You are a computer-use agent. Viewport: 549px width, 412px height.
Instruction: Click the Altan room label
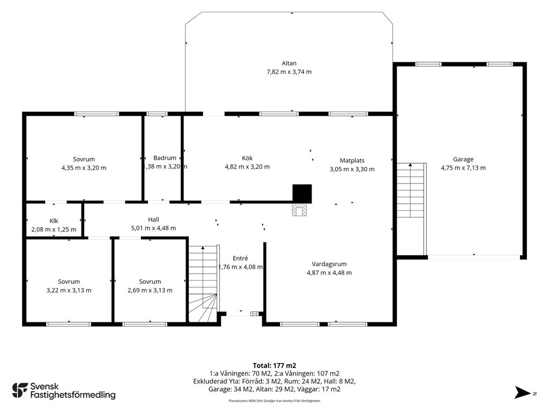pos(289,63)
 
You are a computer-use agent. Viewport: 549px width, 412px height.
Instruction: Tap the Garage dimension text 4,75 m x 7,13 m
pos(463,168)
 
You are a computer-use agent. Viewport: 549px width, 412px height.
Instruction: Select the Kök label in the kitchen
pos(247,158)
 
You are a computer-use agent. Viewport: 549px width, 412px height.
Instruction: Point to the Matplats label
pos(352,160)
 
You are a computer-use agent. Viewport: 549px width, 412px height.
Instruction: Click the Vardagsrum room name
pos(329,264)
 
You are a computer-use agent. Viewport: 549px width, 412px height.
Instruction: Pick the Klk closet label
pos(54,221)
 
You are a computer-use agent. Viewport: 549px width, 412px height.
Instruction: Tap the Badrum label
pos(165,158)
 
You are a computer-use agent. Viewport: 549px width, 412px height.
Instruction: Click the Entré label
pos(240,258)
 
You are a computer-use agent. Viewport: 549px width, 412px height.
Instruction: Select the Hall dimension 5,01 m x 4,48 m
pos(153,229)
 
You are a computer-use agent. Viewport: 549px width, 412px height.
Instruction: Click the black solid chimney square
pos(302,194)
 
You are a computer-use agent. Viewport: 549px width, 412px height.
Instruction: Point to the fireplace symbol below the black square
pos(300,210)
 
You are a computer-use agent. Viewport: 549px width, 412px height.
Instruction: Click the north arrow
pos(523,392)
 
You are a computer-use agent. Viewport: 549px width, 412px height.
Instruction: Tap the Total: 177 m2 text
pos(274,366)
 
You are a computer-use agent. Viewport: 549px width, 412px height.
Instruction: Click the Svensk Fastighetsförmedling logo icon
pos(20,391)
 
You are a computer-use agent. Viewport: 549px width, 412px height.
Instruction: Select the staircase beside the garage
pos(411,209)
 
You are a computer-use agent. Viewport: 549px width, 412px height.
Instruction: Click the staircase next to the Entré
pos(204,283)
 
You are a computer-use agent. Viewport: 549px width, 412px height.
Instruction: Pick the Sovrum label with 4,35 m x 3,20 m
pos(84,159)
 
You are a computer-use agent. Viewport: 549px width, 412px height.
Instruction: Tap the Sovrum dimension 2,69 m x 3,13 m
pos(150,290)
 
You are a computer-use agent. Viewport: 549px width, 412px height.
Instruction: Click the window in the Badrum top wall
pos(157,114)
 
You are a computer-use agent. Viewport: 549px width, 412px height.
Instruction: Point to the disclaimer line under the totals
pos(274,401)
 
